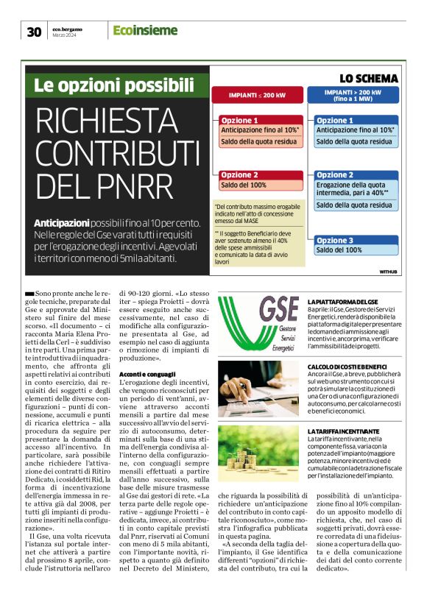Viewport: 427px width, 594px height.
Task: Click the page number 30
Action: (34, 31)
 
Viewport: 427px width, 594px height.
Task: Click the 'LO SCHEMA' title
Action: (368, 78)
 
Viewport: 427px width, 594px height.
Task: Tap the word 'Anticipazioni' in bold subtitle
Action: (61, 222)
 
